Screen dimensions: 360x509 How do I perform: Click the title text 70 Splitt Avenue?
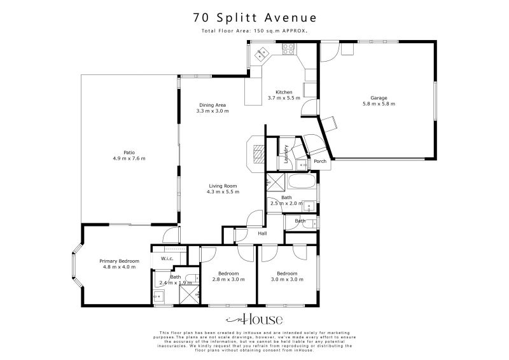click(254, 17)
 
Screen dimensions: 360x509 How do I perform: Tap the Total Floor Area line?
click(254, 31)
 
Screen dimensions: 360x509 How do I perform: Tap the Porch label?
click(321, 161)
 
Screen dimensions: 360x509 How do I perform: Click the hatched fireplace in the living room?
click(258, 153)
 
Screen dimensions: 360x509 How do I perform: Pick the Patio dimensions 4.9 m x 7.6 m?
click(130, 158)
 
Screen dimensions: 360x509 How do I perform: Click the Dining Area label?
click(213, 105)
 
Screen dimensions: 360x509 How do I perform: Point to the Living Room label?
click(223, 185)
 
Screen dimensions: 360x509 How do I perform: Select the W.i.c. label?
click(167, 258)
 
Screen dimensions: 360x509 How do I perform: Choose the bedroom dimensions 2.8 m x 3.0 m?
click(228, 279)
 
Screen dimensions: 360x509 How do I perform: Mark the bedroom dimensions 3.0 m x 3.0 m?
click(287, 279)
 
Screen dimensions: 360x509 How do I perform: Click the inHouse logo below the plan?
click(254, 319)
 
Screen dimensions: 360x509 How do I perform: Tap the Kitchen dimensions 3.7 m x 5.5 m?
click(284, 98)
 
